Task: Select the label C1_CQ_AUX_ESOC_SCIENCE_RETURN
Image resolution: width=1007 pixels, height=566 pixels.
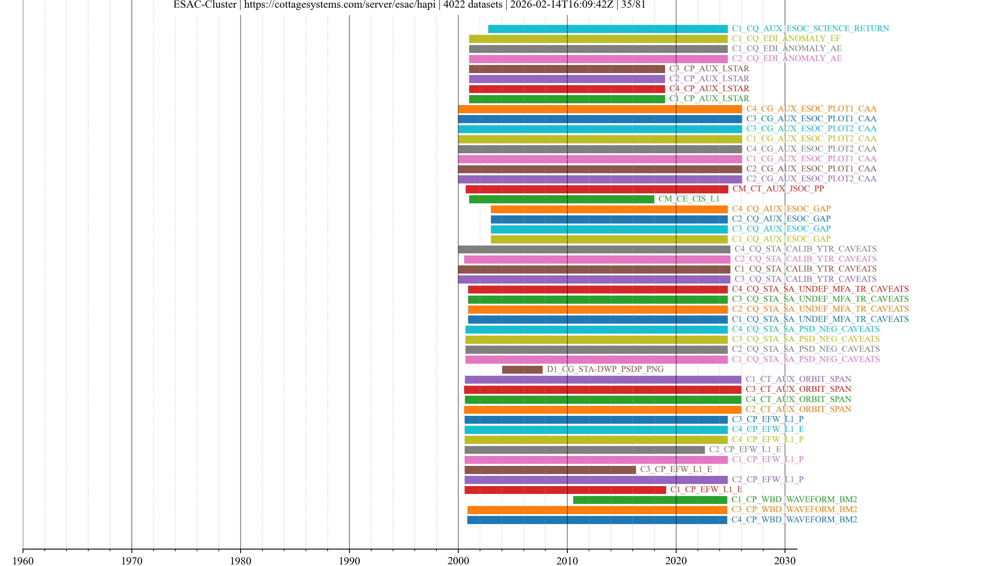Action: tap(810, 29)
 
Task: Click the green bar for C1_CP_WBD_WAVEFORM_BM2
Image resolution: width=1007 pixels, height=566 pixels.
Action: tap(650, 500)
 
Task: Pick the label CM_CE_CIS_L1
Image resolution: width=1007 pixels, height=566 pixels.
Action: tap(689, 199)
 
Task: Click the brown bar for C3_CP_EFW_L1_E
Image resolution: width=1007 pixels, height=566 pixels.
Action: tap(550, 470)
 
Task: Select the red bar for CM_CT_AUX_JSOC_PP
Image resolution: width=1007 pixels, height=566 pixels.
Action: tap(597, 189)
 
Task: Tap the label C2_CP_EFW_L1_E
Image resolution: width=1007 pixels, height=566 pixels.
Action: tap(745, 449)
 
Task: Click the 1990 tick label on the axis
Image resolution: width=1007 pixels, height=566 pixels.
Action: tap(349, 560)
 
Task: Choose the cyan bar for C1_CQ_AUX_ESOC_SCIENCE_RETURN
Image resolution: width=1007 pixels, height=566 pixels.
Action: tap(608, 29)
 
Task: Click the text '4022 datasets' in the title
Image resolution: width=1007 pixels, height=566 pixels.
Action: tap(473, 5)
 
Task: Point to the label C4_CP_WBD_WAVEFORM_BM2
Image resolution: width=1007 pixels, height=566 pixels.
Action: tap(794, 520)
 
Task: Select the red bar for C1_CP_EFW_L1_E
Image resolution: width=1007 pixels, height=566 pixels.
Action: tap(565, 490)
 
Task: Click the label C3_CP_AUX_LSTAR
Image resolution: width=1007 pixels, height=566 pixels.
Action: tap(709, 69)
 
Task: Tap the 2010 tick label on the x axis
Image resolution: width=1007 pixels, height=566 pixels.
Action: tap(567, 560)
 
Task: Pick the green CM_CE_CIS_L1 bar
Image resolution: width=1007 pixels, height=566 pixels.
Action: tap(561, 199)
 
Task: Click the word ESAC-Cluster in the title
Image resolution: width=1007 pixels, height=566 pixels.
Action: tap(205, 5)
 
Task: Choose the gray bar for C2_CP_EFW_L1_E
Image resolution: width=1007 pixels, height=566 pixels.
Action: tap(585, 450)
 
